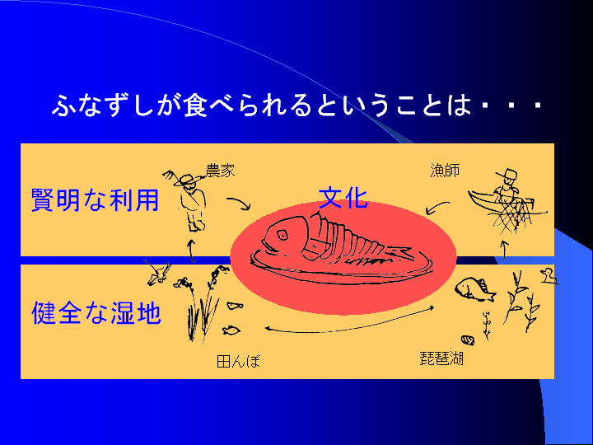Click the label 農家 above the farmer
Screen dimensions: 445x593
pos(220,171)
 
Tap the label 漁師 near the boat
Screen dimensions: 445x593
pos(445,171)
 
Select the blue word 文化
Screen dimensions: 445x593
pos(343,198)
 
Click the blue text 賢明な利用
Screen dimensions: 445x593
pos(95,199)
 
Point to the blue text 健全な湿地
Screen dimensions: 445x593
pos(96,313)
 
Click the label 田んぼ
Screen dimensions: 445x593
pos(238,360)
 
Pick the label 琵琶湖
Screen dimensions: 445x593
pos(441,358)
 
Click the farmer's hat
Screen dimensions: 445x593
pos(189,180)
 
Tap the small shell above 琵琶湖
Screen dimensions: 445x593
pos(469,338)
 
